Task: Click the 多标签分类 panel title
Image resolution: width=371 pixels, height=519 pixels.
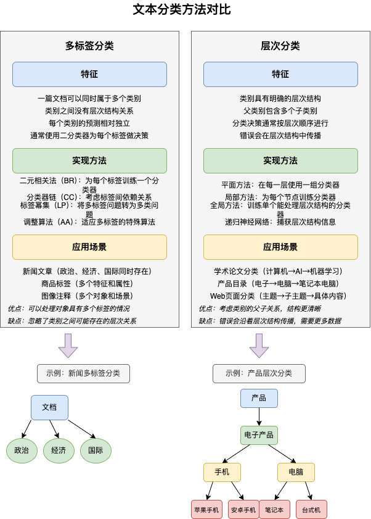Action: coord(89,46)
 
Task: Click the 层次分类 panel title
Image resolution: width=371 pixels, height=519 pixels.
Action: coord(280,46)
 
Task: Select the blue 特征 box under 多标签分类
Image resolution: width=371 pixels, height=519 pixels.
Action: coord(89,74)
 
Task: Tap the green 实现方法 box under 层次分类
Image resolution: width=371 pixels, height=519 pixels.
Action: coord(280,160)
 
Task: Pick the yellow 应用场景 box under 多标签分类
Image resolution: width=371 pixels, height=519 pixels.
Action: coord(89,247)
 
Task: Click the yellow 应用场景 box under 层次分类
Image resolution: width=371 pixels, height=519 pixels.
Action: coord(280,247)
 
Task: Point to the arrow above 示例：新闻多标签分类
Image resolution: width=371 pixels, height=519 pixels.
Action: coord(68,345)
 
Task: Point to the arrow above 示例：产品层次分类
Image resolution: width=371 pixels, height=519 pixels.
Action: coord(259,345)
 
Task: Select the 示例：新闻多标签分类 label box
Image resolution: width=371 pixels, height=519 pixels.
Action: coord(83,373)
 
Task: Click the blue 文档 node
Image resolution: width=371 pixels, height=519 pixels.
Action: coord(49,407)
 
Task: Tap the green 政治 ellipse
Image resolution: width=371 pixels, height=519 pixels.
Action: coord(22,450)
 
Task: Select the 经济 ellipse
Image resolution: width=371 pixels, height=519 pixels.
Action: coord(59,450)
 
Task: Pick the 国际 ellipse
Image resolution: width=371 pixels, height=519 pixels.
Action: coord(96,450)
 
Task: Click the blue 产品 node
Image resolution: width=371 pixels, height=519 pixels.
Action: coord(259,398)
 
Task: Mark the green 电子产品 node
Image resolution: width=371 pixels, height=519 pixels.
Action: coord(259,435)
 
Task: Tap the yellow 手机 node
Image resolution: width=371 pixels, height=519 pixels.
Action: coord(222,472)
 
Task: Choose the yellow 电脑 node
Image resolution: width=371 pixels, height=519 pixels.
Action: coord(296,472)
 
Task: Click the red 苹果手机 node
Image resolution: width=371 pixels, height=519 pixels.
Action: coord(206,510)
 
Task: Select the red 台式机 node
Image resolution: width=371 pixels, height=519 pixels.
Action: coord(311,510)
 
